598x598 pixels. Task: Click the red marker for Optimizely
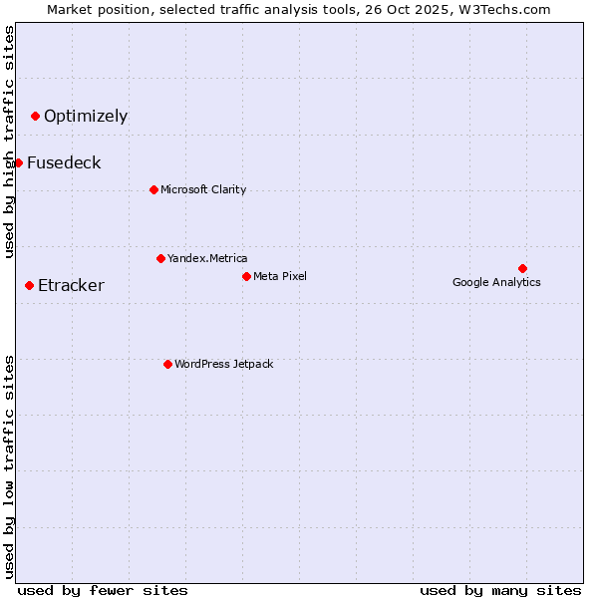tap(35, 117)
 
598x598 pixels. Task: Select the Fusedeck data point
tap(18, 162)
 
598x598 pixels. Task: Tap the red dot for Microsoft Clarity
tap(153, 189)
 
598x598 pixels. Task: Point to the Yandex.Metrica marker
tap(160, 258)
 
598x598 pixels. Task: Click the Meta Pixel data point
tap(246, 276)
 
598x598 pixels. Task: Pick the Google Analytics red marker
tap(522, 268)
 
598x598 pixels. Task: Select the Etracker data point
tap(29, 286)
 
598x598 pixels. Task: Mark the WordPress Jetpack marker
tap(167, 364)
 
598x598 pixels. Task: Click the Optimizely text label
tap(86, 117)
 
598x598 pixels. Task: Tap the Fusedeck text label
tap(64, 163)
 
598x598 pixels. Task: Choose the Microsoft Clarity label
tap(203, 189)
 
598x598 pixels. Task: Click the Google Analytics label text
tap(496, 282)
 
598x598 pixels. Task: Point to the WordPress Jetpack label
tap(223, 364)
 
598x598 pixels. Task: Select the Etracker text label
tap(71, 286)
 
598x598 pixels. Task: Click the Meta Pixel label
tap(280, 276)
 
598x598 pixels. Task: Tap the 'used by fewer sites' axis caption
tap(103, 590)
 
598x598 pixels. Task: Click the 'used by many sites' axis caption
tap(500, 590)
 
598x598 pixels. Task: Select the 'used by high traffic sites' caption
tap(9, 142)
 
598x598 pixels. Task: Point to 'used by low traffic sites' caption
tap(9, 466)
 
